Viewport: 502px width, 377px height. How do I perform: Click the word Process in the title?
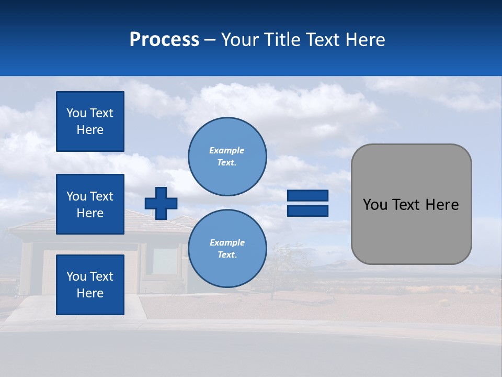(164, 40)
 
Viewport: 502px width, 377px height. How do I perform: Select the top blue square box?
(90, 121)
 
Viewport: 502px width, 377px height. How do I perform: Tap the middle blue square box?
(90, 204)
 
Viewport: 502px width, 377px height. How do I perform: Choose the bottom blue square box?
(90, 285)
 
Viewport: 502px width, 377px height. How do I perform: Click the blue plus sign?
(161, 203)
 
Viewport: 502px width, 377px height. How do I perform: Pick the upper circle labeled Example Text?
(227, 156)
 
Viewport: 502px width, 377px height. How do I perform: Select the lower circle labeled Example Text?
(227, 248)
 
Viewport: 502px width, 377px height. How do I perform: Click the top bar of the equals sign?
(307, 196)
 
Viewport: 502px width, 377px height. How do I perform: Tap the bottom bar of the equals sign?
(307, 210)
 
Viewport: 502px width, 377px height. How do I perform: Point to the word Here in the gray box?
(442, 205)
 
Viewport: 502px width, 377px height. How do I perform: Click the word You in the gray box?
(375, 205)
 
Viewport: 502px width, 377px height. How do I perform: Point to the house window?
(164, 260)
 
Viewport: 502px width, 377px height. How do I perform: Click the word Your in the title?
(241, 40)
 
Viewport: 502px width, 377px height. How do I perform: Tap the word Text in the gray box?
(407, 205)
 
